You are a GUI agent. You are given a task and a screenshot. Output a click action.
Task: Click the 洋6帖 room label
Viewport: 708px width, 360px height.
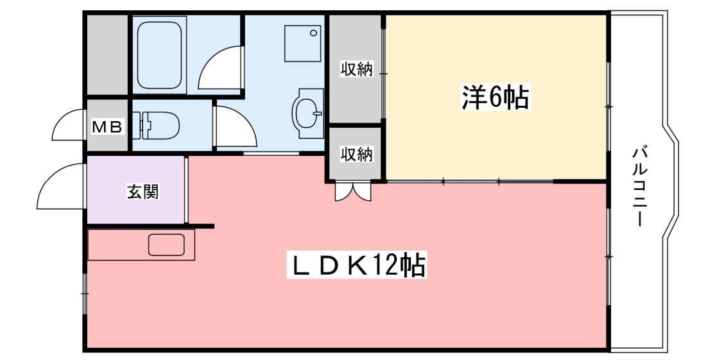[x=495, y=98]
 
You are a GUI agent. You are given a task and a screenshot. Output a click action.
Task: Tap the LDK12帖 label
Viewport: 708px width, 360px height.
[x=356, y=265]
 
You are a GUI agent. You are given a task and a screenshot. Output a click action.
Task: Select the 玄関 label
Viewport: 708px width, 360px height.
[x=142, y=191]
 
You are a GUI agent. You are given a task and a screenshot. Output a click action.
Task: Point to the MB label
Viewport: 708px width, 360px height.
[x=107, y=127]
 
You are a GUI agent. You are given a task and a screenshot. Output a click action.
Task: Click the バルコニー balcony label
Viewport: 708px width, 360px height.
[x=639, y=186]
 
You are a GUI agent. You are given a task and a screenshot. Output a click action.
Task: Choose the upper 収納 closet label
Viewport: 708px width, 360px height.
[x=356, y=69]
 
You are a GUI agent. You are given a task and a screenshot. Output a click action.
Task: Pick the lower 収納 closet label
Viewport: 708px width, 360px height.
[x=356, y=155]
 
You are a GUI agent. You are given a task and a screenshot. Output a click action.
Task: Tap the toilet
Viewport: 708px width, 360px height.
[x=157, y=125]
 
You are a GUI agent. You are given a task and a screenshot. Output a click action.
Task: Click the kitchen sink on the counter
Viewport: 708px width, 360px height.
[x=166, y=245]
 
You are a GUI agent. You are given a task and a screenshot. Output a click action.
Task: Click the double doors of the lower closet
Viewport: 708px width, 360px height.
[x=352, y=192]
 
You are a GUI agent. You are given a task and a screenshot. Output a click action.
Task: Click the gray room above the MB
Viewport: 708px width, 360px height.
[x=107, y=55]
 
